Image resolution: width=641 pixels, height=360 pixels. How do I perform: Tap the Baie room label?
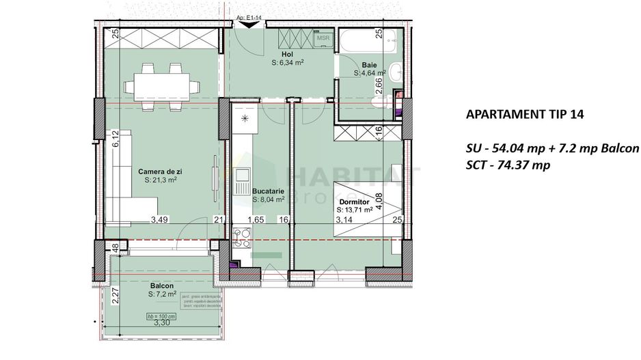click(x=370, y=65)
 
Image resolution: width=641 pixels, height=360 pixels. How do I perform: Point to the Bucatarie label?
click(x=269, y=192)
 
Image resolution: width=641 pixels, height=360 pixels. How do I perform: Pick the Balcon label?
click(x=162, y=286)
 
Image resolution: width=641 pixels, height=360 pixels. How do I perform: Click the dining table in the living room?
click(x=162, y=85)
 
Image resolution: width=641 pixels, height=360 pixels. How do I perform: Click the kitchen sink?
click(x=242, y=181)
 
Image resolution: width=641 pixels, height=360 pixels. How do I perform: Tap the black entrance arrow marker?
click(x=251, y=25)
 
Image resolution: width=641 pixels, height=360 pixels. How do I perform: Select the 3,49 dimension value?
click(x=159, y=219)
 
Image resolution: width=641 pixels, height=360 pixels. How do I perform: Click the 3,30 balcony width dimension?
click(x=162, y=324)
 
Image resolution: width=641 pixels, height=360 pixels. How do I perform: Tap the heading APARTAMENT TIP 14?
click(x=524, y=115)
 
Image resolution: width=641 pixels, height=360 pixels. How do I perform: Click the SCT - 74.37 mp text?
click(x=507, y=165)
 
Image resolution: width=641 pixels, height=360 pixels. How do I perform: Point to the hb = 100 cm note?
click(x=162, y=317)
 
